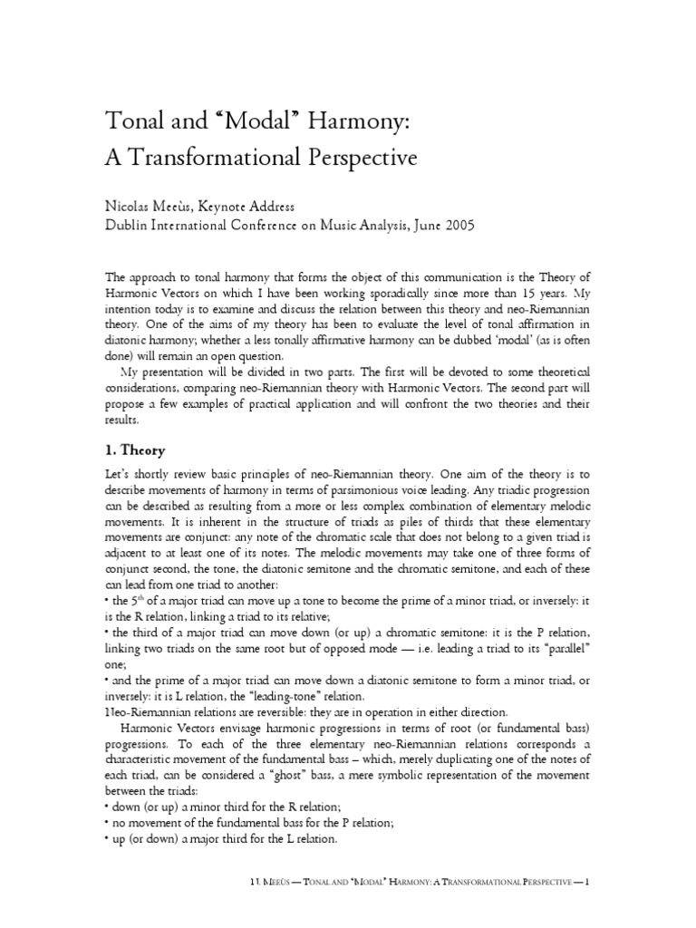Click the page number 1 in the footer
587,881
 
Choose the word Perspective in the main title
362,158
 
